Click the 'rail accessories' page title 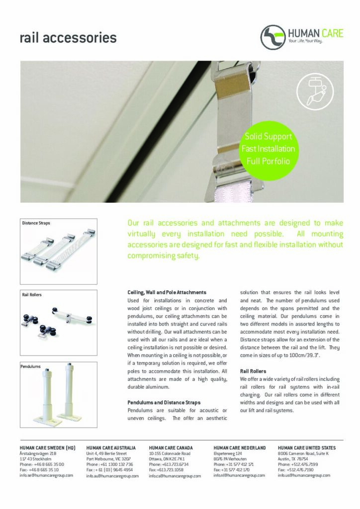(x=68, y=38)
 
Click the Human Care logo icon (x=273, y=36)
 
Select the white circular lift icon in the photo (x=311, y=91)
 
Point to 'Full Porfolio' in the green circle (x=268, y=161)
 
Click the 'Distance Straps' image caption (x=36, y=223)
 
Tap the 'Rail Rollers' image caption (x=32, y=295)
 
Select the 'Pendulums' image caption (x=31, y=366)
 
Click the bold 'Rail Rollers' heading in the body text (x=253, y=371)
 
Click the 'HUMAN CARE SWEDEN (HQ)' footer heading (x=47, y=448)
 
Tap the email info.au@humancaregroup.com (x=112, y=476)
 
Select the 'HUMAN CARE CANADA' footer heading (x=171, y=448)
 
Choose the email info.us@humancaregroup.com (x=304, y=475)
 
